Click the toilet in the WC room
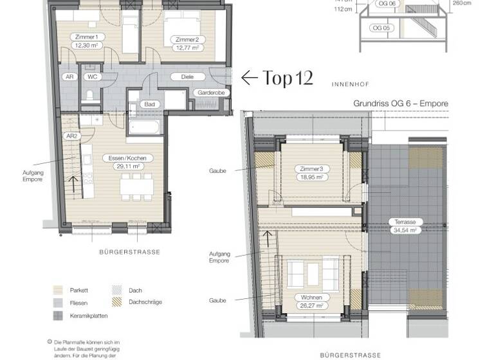[x=91, y=96]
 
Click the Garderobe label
[x=210, y=93]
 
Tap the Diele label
[x=187, y=76]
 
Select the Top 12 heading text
[x=288, y=78]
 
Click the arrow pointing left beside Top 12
[x=249, y=78]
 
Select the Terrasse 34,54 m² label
[x=404, y=225]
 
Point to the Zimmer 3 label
[x=311, y=168]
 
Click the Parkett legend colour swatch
[x=57, y=291]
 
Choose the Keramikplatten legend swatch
[x=57, y=316]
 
